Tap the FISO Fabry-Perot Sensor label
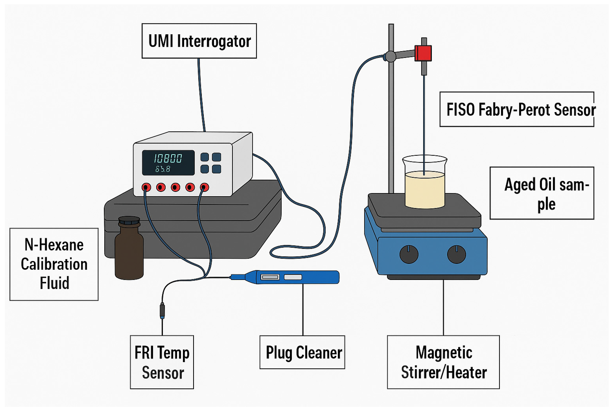(516, 109)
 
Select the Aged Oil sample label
(542, 193)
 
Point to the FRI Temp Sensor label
(162, 362)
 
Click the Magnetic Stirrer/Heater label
(443, 362)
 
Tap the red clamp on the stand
(423, 53)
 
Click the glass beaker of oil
(424, 184)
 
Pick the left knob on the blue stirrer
(409, 254)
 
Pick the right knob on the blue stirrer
(456, 254)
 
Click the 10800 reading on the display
(168, 158)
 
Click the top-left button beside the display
(204, 157)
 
